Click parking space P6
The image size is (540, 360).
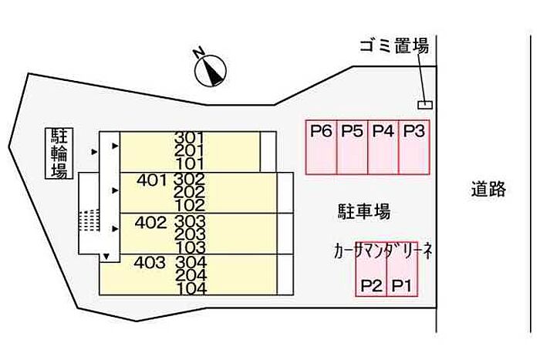coord(322,147)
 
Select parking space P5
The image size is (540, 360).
coord(353,147)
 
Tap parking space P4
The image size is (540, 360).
coord(383,147)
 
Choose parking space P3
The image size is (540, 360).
coord(414,147)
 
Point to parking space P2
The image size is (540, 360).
coord(371,269)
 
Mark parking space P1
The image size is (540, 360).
coord(402,269)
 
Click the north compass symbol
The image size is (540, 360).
coord(210,70)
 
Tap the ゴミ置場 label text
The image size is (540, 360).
coord(394,46)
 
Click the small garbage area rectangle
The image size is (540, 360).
coord(425,105)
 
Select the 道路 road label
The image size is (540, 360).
coord(488,190)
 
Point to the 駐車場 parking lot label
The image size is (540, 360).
coord(364,211)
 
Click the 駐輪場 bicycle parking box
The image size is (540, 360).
coord(59,153)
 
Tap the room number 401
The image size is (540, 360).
coord(151,180)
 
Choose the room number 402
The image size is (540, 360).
coord(151,223)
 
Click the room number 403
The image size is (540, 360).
coord(150,263)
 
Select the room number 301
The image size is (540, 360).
coord(189,138)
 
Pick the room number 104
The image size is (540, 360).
coord(192,289)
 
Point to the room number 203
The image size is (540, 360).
coord(190,234)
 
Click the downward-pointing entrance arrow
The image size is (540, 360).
coord(106,257)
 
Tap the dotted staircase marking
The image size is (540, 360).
coord(89,220)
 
